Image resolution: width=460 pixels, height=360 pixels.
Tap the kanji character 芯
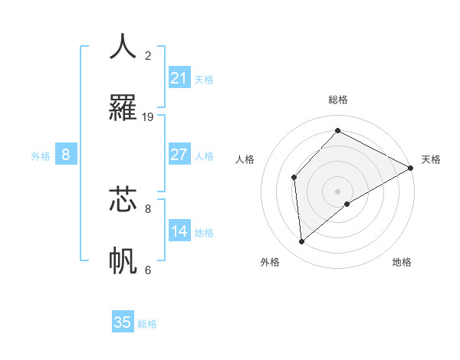123,198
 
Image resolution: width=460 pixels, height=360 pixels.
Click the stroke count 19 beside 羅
148,117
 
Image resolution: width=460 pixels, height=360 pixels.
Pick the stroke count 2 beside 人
148,56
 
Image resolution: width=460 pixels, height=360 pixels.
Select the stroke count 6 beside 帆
148,270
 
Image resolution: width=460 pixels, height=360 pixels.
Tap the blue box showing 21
179,77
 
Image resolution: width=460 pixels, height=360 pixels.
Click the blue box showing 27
179,155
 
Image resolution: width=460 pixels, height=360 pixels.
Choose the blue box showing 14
179,231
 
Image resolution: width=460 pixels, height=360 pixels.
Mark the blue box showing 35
123,322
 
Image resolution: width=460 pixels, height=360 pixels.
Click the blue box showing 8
66,155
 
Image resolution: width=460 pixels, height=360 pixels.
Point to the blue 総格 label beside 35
148,324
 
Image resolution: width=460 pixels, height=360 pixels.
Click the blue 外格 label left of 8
41,156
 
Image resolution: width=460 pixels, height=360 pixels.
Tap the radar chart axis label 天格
431,159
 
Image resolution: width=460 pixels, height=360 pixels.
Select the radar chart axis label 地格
402,262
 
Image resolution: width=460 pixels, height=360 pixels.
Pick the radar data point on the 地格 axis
347,204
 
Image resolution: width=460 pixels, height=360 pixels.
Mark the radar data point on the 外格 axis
302,241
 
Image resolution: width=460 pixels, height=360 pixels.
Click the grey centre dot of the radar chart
337,191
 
